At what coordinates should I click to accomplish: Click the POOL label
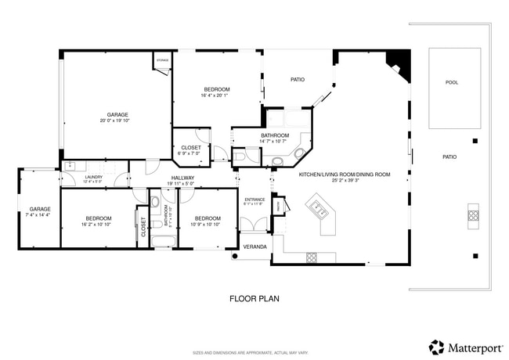tap(452, 82)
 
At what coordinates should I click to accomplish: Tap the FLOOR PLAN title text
tap(254, 298)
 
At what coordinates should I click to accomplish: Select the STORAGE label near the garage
tap(162, 60)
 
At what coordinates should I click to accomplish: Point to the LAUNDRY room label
tap(93, 178)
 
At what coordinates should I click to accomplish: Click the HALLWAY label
tap(182, 178)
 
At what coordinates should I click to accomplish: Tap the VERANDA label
tap(255, 247)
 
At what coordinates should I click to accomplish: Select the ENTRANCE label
tap(254, 200)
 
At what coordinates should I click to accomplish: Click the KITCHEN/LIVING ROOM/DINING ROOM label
tap(345, 174)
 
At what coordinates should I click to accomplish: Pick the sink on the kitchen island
tap(318, 208)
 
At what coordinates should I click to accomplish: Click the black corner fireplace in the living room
tap(399, 61)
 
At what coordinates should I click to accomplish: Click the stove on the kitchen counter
tap(311, 256)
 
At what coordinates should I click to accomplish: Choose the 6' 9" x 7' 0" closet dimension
tap(190, 153)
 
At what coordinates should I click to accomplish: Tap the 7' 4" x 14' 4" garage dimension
tap(39, 214)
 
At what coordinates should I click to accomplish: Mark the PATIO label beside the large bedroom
tap(298, 79)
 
